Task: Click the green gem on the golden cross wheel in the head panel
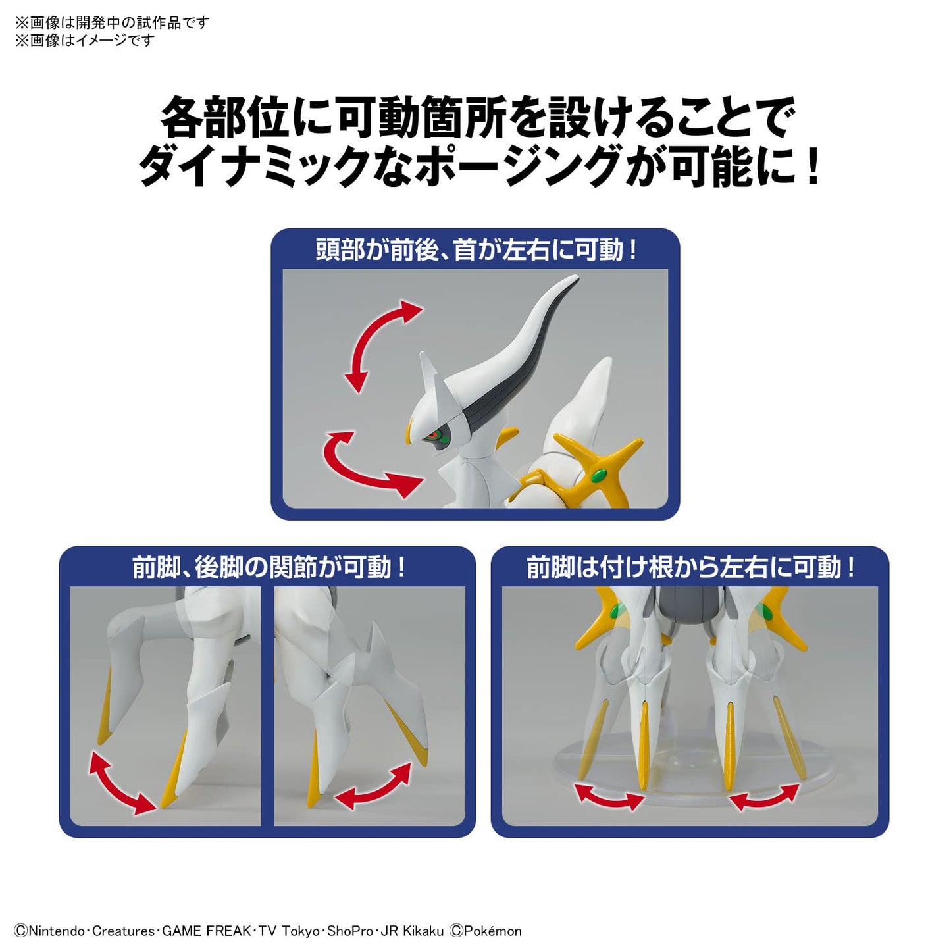[x=598, y=475]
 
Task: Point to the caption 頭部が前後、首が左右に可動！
[x=475, y=250]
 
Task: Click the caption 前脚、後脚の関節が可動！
[x=268, y=567]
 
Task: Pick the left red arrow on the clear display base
[x=609, y=796]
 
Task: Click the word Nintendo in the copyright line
[x=57, y=931]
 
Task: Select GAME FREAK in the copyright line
[x=206, y=931]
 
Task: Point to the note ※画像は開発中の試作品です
[x=112, y=22]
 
